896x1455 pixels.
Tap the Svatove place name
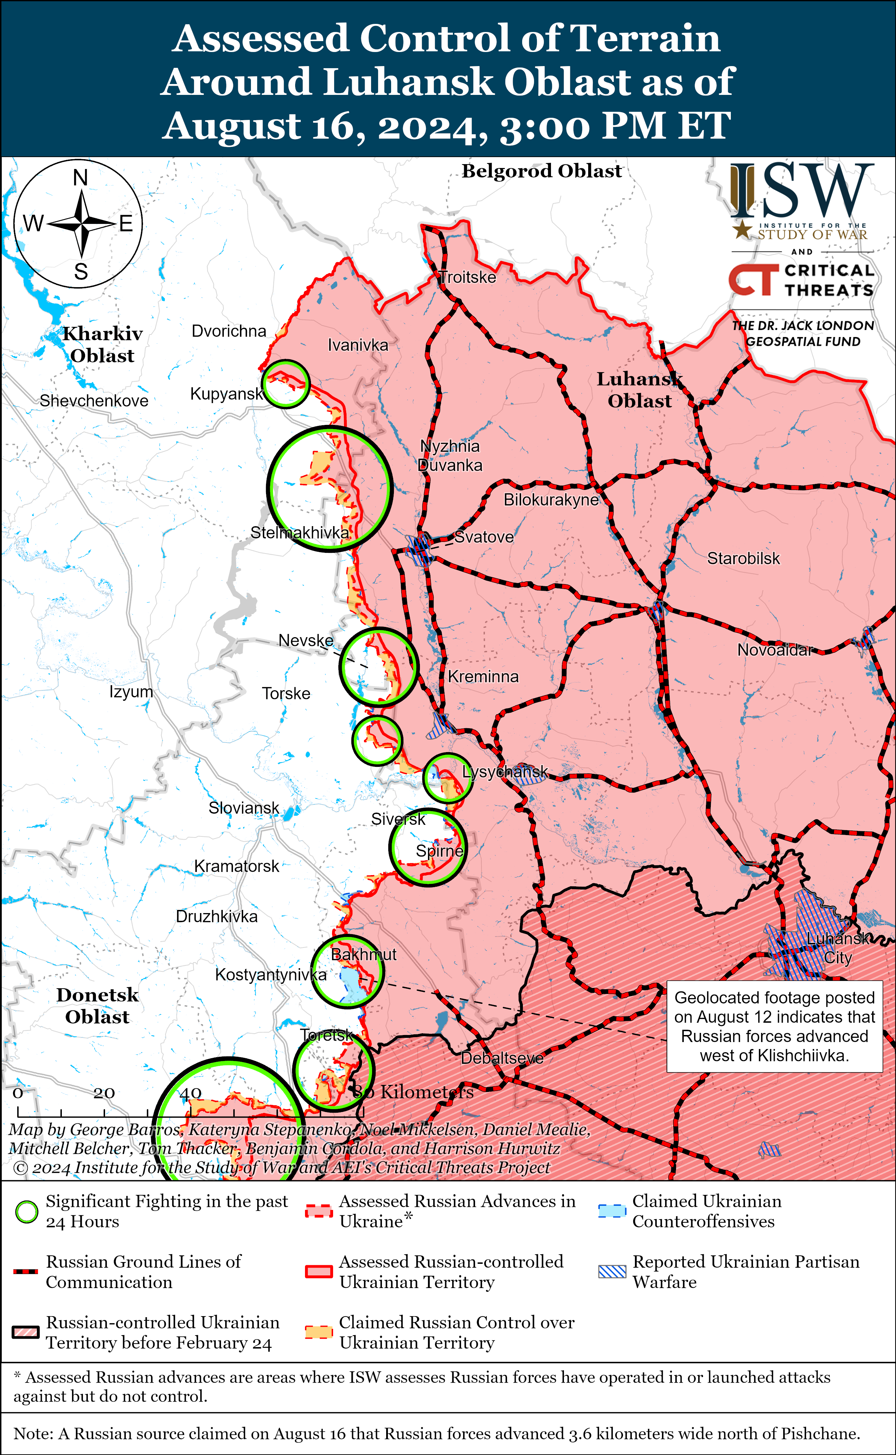(x=484, y=537)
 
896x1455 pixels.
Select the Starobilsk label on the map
(x=744, y=558)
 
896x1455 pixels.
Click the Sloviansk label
(x=244, y=808)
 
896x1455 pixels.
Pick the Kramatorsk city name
(x=236, y=866)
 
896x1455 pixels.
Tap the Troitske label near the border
(x=468, y=277)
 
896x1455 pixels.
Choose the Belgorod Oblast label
(x=541, y=171)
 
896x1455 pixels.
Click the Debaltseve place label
(x=502, y=1058)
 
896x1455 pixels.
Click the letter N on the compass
(x=80, y=178)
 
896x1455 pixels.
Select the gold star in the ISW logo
(x=742, y=230)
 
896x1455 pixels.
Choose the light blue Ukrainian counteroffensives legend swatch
(x=612, y=1211)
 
